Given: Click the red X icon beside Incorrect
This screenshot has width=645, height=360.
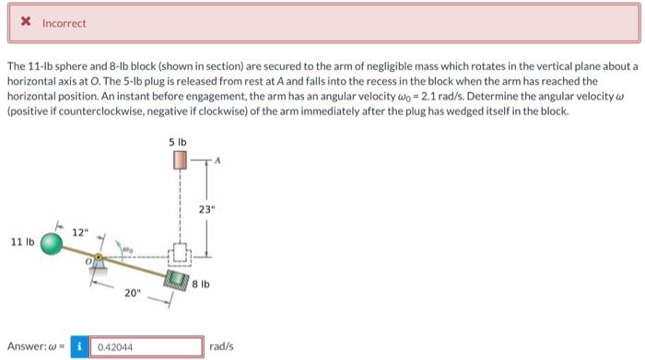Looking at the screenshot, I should pyautogui.click(x=29, y=23).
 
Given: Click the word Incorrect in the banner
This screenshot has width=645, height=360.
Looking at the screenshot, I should pyautogui.click(x=64, y=23).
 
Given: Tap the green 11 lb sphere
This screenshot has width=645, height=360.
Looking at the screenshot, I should pyautogui.click(x=53, y=243).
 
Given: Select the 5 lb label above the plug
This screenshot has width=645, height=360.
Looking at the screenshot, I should pyautogui.click(x=178, y=143).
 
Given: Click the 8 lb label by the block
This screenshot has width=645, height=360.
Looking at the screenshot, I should pyautogui.click(x=211, y=285).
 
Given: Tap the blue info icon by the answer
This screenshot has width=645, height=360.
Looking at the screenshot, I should pyautogui.click(x=80, y=347).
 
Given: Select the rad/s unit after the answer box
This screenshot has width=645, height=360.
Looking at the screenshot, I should pyautogui.click(x=222, y=347).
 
